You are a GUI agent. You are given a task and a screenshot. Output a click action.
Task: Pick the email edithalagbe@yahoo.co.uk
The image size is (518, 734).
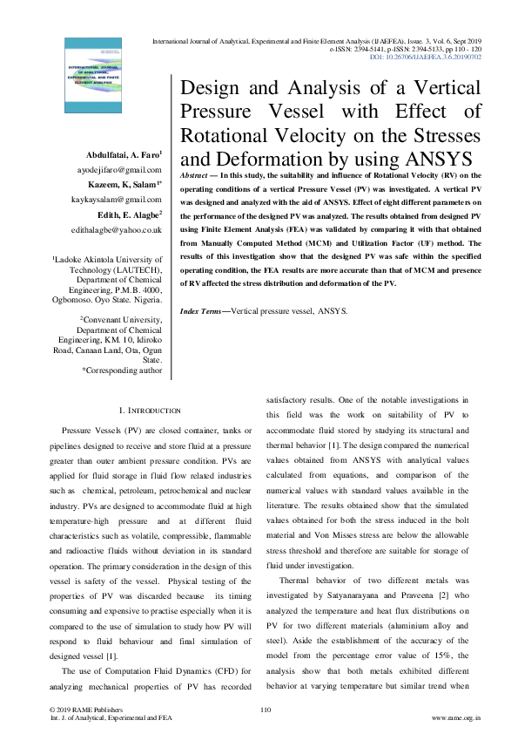click(118, 230)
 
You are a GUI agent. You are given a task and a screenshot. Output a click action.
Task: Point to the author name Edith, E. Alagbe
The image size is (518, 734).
click(130, 215)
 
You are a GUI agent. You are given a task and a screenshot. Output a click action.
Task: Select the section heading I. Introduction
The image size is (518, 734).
click(149, 410)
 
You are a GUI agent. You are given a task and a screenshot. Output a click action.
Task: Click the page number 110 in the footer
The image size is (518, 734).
click(266, 710)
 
